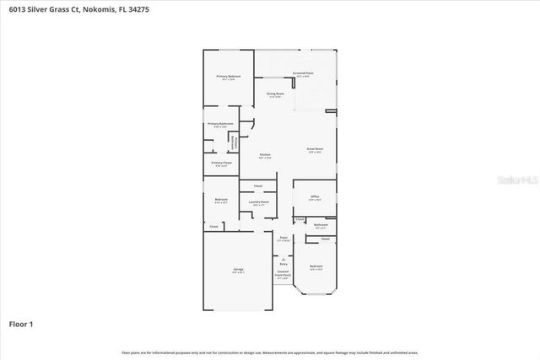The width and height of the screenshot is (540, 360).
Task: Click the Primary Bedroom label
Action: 229,77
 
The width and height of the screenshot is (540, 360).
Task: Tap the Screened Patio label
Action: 303,73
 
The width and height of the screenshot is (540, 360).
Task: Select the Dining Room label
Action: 275,94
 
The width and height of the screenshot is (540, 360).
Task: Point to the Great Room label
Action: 315,149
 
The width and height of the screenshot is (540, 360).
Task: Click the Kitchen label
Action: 265,155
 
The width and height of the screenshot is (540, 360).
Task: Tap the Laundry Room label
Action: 259,201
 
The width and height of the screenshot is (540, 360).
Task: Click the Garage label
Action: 238,270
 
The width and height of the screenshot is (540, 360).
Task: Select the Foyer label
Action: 283,238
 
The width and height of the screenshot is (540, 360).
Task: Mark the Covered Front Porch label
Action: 283,274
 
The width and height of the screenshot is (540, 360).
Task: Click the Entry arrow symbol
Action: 283,258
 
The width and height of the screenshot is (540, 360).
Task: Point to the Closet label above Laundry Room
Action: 257,185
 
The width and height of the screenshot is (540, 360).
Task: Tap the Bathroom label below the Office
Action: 321,224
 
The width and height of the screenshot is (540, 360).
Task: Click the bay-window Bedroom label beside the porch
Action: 316,266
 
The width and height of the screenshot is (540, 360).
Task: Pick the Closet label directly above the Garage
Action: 213,226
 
